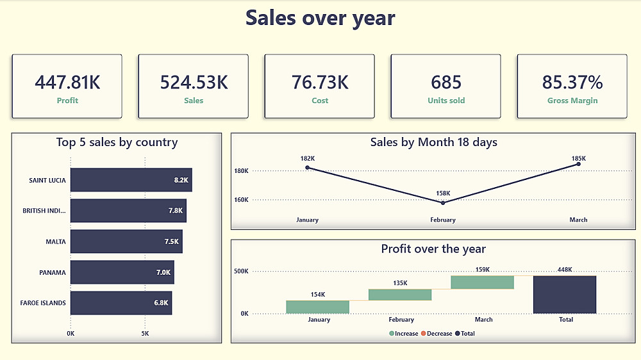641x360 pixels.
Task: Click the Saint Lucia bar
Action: [x=131, y=180]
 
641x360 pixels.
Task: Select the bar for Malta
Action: [x=126, y=241]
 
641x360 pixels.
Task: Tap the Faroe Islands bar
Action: [x=121, y=303]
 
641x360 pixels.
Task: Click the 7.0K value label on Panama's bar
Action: [x=163, y=272]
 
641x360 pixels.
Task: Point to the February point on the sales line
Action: [x=443, y=202]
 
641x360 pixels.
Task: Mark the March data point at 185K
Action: [x=578, y=164]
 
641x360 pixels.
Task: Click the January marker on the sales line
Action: [x=308, y=168]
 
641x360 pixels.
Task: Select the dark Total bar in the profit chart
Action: [x=564, y=295]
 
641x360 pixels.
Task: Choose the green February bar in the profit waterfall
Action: [x=400, y=295]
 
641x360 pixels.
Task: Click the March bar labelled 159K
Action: [x=482, y=282]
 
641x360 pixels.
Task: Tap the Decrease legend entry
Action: [x=437, y=333]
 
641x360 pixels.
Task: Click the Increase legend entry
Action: [x=403, y=333]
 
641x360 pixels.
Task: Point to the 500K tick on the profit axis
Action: [x=241, y=272]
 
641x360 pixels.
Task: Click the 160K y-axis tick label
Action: [x=241, y=200]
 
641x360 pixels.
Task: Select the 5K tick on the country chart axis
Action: [x=145, y=334]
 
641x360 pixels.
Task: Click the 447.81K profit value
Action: [x=67, y=82]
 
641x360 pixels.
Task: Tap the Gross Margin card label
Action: [x=572, y=101]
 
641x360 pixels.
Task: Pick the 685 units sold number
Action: [x=446, y=82]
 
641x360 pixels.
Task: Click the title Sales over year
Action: [x=320, y=18]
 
